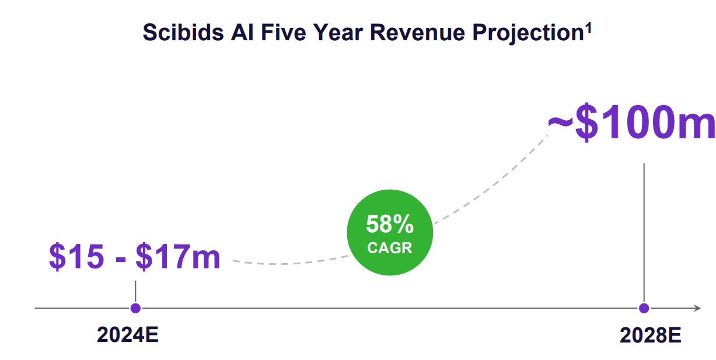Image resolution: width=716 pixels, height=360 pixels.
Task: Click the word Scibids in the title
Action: point(179,33)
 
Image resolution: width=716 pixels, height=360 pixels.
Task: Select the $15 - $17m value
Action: point(135,257)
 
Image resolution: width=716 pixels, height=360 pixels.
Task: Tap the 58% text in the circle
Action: point(390,224)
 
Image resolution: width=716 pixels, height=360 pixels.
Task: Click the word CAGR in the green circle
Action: point(390,247)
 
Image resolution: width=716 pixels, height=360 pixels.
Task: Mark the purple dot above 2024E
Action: point(135,308)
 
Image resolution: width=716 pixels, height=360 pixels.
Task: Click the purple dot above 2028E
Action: point(644,308)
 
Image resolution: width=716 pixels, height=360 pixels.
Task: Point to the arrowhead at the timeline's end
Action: point(696,308)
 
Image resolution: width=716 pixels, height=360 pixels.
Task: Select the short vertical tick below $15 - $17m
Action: point(135,291)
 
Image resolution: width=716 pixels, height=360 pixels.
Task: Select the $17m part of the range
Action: point(178,257)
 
